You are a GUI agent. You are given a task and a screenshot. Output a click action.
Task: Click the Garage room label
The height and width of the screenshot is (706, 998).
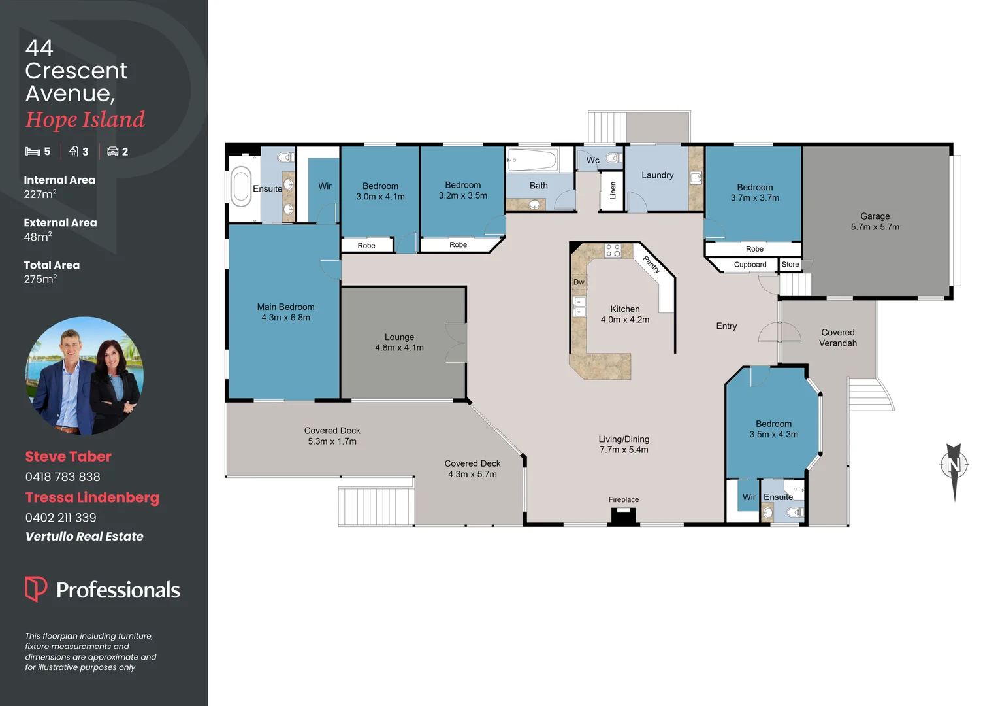pyautogui.click(x=875, y=216)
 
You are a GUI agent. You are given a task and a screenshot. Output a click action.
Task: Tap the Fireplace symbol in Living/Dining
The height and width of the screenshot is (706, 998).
pyautogui.click(x=623, y=516)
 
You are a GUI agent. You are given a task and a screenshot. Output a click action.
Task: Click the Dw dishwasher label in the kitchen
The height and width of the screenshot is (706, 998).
pyautogui.click(x=579, y=282)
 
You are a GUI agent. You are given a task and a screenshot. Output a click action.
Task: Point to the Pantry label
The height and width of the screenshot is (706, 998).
pyautogui.click(x=652, y=264)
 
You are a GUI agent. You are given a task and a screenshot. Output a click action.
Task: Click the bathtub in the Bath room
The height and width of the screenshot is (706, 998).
pyautogui.click(x=532, y=160)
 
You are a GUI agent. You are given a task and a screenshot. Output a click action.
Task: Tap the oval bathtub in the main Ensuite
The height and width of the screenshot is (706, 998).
pyautogui.click(x=241, y=187)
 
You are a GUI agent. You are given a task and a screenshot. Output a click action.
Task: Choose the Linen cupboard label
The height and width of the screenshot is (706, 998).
pyautogui.click(x=613, y=191)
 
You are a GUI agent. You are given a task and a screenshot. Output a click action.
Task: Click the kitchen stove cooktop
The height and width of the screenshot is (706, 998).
pyautogui.click(x=613, y=250)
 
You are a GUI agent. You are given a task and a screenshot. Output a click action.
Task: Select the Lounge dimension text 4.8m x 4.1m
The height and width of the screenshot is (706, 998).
pyautogui.click(x=399, y=348)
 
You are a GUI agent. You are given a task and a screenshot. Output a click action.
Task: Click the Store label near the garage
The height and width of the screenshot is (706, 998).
pyautogui.click(x=790, y=265)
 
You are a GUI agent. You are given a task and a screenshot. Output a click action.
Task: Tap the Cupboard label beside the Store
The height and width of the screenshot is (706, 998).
pyautogui.click(x=750, y=265)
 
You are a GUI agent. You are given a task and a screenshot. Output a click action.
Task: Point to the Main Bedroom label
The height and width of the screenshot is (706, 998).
pyautogui.click(x=285, y=307)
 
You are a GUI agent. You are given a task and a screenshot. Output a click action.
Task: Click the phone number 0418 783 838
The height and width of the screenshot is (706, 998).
pyautogui.click(x=63, y=477)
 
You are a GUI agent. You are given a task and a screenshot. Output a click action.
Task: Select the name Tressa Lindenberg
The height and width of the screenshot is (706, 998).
pyautogui.click(x=92, y=497)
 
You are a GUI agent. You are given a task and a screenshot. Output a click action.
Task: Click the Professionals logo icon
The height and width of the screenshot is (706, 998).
pyautogui.click(x=36, y=589)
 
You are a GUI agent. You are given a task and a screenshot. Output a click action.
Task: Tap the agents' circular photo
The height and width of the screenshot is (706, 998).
pyautogui.click(x=84, y=376)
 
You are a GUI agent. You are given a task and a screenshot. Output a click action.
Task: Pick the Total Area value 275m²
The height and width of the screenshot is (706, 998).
pyautogui.click(x=40, y=279)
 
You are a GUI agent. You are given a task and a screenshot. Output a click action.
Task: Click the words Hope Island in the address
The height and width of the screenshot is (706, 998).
pyautogui.click(x=85, y=120)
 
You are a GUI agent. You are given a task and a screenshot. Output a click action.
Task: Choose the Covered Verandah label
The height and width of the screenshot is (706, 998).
pyautogui.click(x=837, y=338)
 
